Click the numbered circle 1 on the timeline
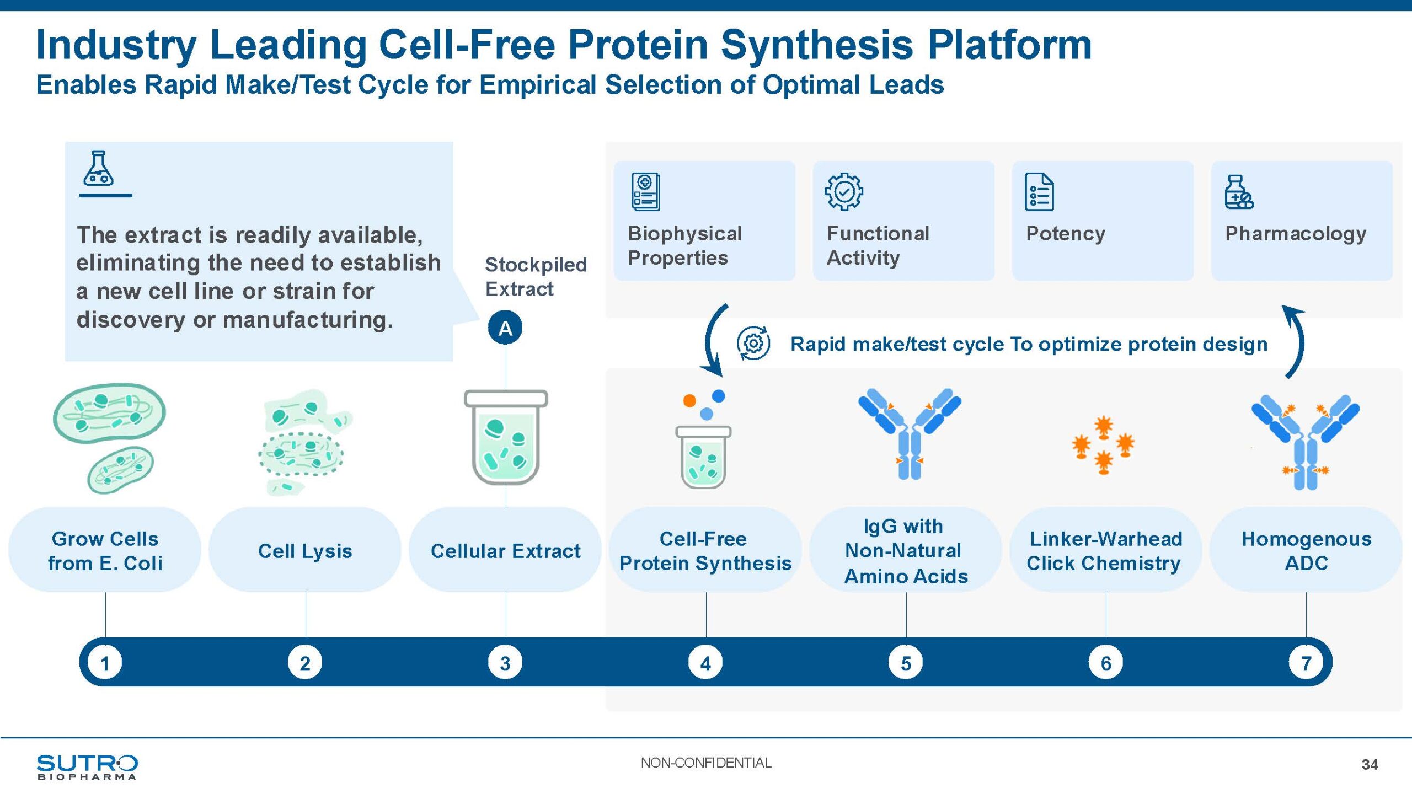pos(105,663)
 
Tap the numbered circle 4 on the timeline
pos(705,663)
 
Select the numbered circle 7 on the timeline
pos(1306,663)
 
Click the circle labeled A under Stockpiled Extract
pos(505,328)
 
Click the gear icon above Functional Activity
pos(843,192)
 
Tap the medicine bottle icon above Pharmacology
pos(1238,192)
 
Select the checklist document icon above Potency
pos(1039,192)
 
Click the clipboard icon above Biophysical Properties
pos(645,192)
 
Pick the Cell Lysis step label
pos(305,551)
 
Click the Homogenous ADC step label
pos(1306,550)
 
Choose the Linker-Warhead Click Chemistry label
pos(1105,550)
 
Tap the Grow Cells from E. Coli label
pos(105,550)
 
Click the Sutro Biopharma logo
pos(87,766)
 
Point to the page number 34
pos(1370,764)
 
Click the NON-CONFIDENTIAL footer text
pos(706,763)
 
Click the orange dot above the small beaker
pos(689,401)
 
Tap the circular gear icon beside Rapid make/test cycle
pos(753,344)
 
